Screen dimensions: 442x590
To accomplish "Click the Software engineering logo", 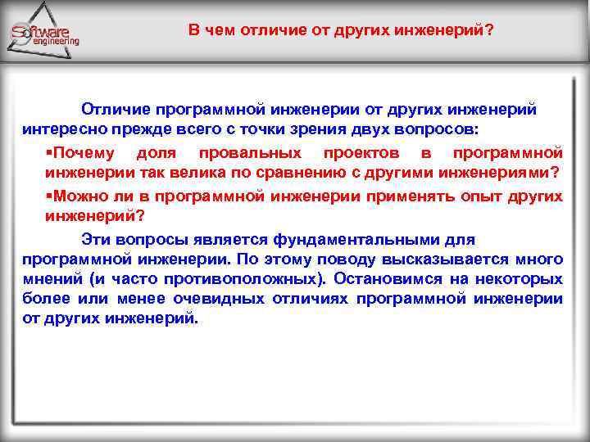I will point(45,33).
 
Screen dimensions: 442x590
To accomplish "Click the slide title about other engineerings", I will point(341,30).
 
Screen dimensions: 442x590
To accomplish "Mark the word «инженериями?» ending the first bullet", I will point(501,172).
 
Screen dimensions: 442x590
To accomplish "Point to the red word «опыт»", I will point(444,196).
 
